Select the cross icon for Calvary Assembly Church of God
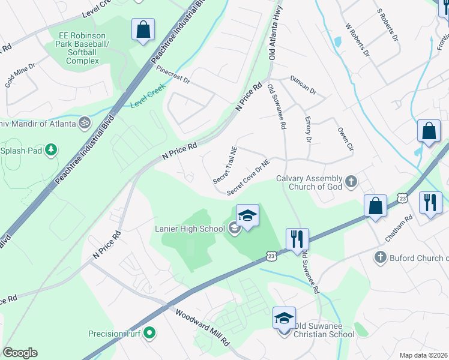pos(351,181)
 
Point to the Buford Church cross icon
pos(379,258)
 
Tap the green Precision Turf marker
pos(150,334)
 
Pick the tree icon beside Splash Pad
pos(52,150)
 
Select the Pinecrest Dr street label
pos(173,74)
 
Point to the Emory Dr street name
pos(309,129)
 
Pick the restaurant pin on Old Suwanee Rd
pos(297,239)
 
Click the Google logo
pos(20,353)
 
